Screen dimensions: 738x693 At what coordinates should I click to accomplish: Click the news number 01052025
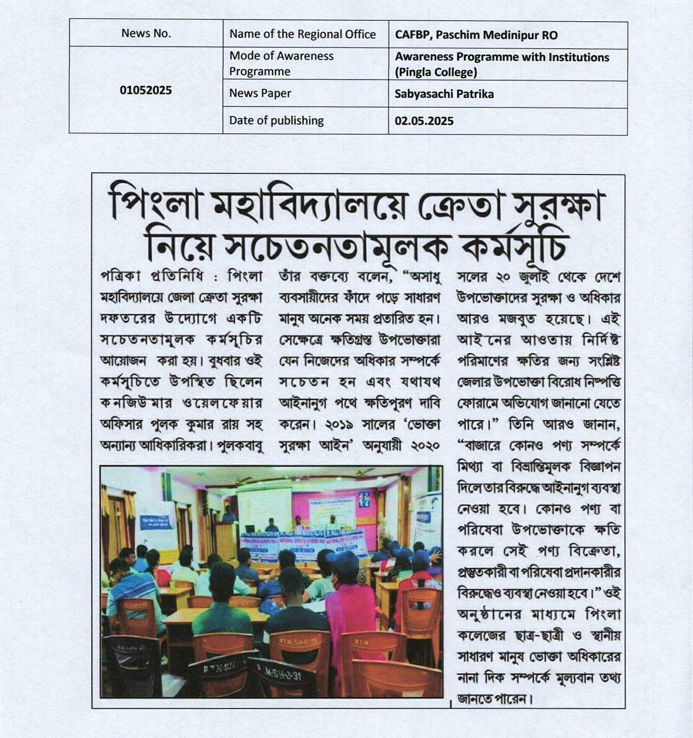[145, 90]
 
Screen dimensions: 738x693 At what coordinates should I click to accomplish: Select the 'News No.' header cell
[146, 33]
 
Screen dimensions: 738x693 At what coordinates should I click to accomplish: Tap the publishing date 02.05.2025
[424, 121]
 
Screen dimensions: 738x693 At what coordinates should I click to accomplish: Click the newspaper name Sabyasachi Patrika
[444, 94]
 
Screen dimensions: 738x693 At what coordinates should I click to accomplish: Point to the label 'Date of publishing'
[276, 121]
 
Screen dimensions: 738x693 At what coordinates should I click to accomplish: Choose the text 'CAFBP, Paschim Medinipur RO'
[476, 35]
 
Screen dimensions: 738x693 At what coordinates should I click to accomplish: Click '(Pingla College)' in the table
[436, 72]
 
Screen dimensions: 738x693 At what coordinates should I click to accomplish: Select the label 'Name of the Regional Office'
[302, 34]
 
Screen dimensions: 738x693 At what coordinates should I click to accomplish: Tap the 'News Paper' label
[260, 93]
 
